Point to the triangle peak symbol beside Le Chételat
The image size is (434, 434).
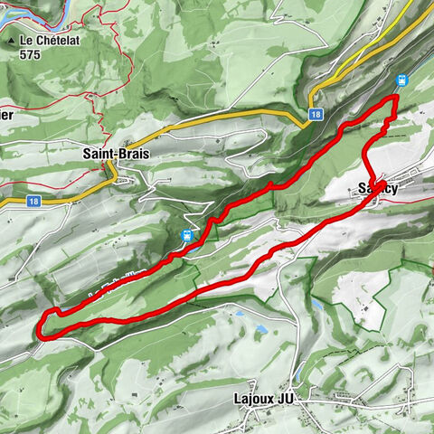[12, 42]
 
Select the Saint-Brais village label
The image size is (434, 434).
[115, 155]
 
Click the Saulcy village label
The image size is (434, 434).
[377, 188]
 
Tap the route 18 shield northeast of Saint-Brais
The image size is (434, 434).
[315, 114]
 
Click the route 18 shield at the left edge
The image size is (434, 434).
[33, 201]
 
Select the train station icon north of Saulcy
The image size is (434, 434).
[402, 79]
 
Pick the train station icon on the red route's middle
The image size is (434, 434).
[187, 237]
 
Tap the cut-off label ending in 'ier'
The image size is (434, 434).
[6, 116]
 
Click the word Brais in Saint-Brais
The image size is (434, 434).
[131, 155]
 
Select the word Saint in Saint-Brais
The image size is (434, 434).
[98, 155]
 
